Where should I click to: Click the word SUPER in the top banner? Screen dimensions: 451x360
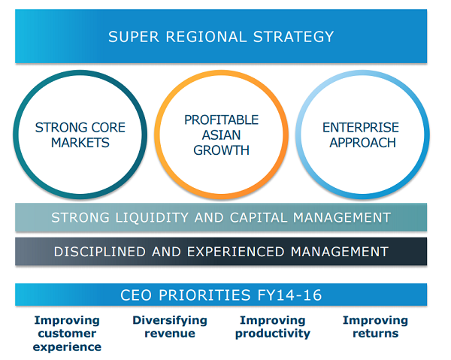tap(134, 37)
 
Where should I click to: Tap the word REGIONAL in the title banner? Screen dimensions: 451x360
tap(206, 37)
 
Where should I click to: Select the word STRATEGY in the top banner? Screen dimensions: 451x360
tap(293, 37)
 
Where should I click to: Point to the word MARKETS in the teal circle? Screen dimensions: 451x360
tap(80, 143)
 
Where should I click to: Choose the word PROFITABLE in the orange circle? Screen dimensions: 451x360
tap(221, 120)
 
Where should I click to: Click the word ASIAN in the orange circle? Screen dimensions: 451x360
tap(221, 135)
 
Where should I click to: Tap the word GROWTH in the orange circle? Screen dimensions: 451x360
tap(221, 150)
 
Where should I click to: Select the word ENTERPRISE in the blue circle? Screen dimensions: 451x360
tap(361, 127)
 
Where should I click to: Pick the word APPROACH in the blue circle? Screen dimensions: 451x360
tap(362, 143)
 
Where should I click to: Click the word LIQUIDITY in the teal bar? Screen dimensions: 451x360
tap(152, 218)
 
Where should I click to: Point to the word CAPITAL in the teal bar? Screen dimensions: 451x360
tap(258, 218)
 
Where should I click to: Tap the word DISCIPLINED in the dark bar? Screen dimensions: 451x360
tap(99, 252)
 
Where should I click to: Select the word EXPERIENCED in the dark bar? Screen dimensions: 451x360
tap(235, 252)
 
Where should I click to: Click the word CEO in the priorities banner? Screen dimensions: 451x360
tap(136, 295)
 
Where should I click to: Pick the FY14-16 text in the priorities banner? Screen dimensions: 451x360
tap(289, 295)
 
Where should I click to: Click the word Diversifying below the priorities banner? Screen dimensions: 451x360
tap(170, 321)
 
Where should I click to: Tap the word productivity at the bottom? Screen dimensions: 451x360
tap(273, 334)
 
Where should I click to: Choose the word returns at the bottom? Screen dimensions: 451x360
tap(376, 334)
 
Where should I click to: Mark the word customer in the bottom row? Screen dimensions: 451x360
tap(67, 334)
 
